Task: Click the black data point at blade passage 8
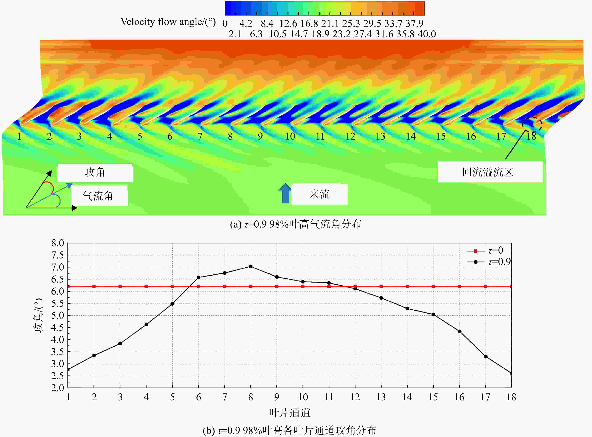[x=251, y=266]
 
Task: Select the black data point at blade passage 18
[x=511, y=373]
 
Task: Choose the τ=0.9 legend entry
[x=489, y=262]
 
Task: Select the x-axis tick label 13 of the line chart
[x=381, y=397]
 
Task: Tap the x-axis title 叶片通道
[x=290, y=413]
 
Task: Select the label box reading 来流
[x=319, y=194]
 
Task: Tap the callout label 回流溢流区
[x=490, y=172]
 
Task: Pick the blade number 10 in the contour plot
[x=290, y=136]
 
